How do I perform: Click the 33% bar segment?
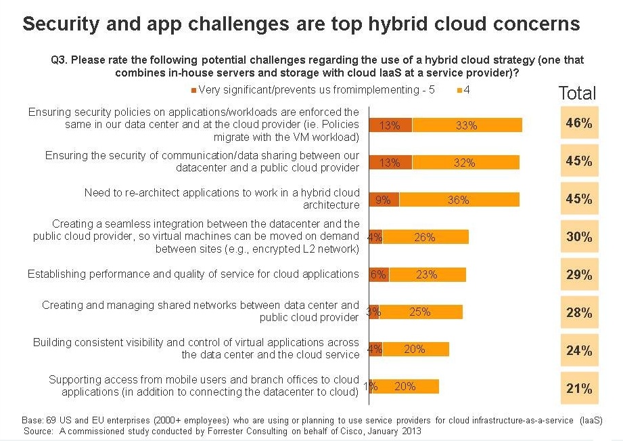(467, 125)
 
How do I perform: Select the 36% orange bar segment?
(459, 199)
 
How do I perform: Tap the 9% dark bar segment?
(384, 199)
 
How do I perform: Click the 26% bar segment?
(425, 237)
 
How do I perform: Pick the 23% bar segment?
(428, 274)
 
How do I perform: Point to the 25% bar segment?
(421, 312)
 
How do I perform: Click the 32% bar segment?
(466, 163)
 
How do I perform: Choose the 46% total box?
(579, 123)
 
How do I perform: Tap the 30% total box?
(579, 236)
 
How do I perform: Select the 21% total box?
(579, 388)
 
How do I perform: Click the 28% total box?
(579, 312)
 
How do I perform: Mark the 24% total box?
(579, 350)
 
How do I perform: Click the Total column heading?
(577, 93)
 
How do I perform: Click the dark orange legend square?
(193, 90)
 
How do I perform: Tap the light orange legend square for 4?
(460, 90)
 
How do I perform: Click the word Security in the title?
(61, 24)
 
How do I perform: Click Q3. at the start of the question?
(60, 60)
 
